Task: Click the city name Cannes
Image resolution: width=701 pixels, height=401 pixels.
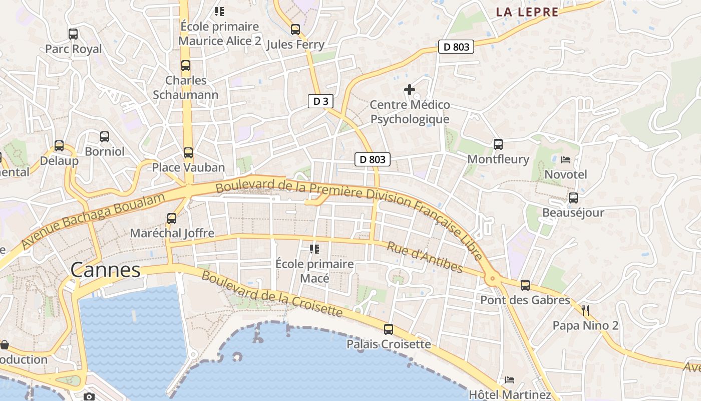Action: [x=105, y=270]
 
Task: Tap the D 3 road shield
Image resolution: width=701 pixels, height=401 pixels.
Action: [x=320, y=101]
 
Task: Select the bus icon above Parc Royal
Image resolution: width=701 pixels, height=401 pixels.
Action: [x=73, y=34]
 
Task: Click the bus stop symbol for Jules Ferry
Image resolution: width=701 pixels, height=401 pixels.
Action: [x=295, y=30]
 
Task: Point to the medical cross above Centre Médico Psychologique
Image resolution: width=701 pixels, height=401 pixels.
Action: [x=410, y=90]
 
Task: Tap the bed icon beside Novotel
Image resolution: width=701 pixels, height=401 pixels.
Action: [x=566, y=160]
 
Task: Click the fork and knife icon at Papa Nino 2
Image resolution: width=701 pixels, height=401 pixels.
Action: [x=585, y=310]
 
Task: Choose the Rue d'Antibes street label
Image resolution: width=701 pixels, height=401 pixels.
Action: [x=425, y=257]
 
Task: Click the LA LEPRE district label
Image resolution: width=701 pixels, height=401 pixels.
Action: [x=527, y=13]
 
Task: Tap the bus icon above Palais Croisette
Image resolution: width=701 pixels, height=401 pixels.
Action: [x=389, y=329]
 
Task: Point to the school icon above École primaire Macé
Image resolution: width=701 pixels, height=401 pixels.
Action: [x=314, y=249]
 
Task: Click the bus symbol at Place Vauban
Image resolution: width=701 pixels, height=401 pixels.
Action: [x=188, y=153]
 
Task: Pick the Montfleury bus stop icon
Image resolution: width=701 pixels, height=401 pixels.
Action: [x=498, y=144]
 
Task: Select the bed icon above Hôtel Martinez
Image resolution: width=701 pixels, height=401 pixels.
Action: [x=510, y=379]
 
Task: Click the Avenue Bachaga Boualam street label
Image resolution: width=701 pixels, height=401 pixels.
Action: [x=94, y=221]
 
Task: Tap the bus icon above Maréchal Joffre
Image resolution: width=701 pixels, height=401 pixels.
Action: [x=172, y=219]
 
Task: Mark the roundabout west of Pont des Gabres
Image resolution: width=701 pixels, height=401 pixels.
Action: [x=493, y=278]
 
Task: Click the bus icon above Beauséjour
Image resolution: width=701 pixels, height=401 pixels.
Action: [x=573, y=198]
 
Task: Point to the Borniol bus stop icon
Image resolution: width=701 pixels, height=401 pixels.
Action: [x=105, y=137]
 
